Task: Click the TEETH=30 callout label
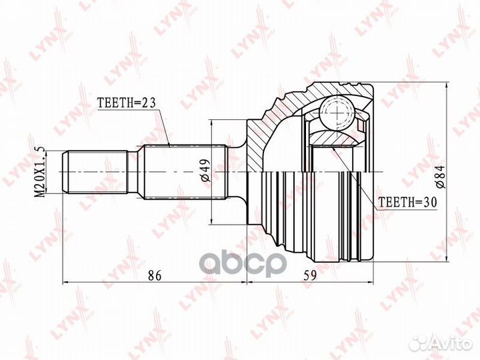tap(405, 199)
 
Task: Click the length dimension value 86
tap(155, 274)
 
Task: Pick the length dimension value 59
tap(310, 274)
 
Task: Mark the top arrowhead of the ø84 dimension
tap(445, 87)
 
